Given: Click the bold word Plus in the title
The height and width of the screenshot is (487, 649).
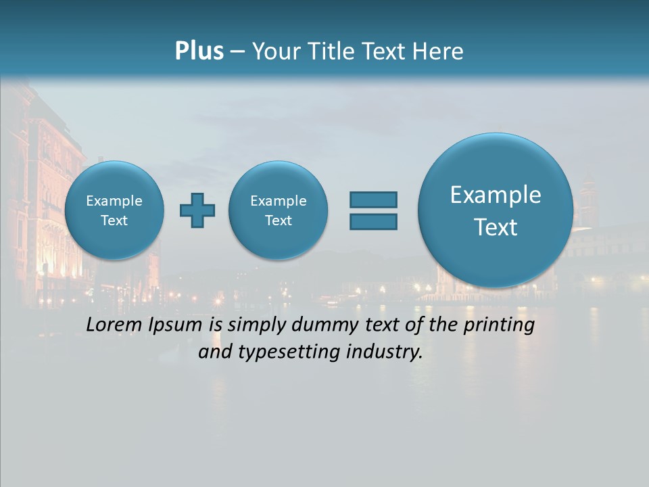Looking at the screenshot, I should tap(199, 51).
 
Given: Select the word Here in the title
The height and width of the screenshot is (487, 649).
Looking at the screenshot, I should tap(439, 51).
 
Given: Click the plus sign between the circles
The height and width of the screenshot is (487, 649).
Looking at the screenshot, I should tap(197, 210).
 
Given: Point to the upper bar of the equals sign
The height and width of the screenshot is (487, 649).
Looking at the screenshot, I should tap(373, 200).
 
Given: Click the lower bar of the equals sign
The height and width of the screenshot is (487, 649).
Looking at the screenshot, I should tap(373, 221).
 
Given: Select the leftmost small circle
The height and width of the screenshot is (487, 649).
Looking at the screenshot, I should tap(114, 210).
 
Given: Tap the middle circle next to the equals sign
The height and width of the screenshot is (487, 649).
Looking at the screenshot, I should tap(278, 210).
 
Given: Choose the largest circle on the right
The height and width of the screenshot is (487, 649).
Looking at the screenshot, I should tap(496, 210).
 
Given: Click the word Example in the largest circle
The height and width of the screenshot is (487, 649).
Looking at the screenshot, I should tap(496, 195).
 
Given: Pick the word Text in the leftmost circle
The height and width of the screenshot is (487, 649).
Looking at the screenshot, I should tap(114, 221).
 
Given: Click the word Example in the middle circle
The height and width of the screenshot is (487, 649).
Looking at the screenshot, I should tap(278, 201).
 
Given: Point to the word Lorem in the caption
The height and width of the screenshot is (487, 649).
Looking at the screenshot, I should tap(112, 325).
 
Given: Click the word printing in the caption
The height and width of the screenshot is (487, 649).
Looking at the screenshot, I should tap(499, 325).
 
